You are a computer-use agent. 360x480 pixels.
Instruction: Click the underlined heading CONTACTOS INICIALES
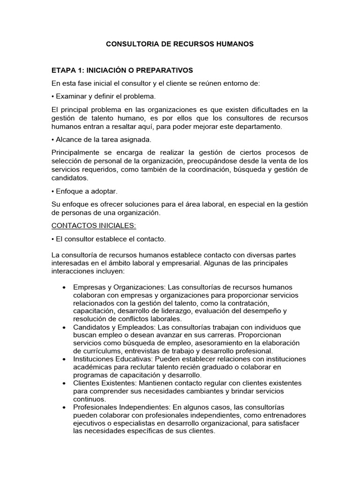[94, 225]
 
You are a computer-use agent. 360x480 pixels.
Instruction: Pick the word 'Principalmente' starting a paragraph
[75, 152]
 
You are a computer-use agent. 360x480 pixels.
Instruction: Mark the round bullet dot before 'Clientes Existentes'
[63, 383]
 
